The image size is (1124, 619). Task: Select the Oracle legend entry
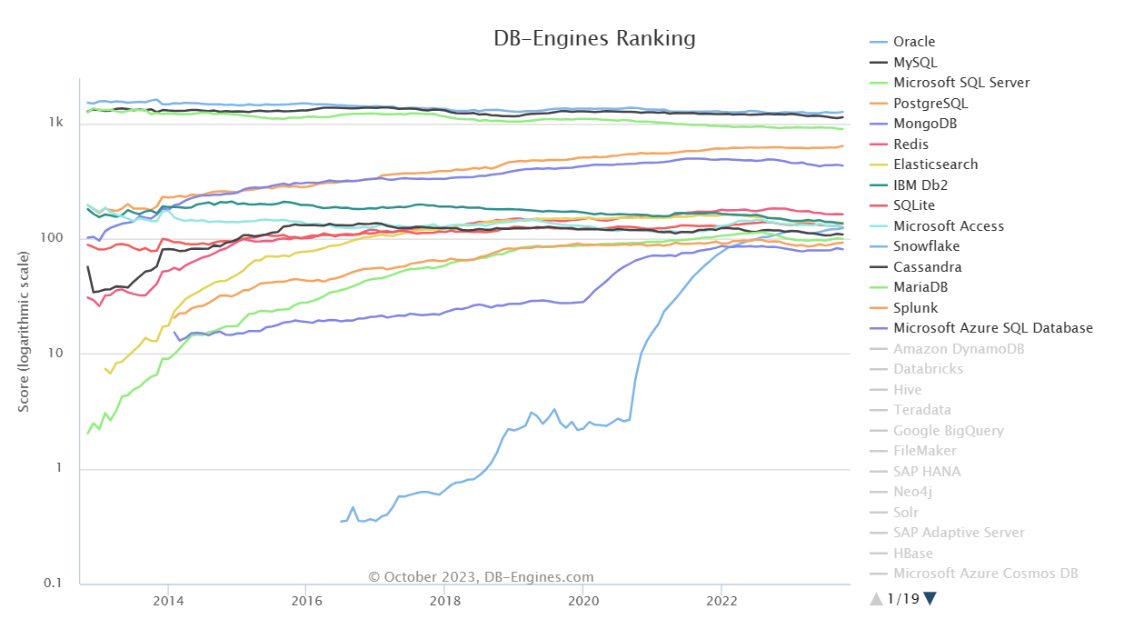point(913,42)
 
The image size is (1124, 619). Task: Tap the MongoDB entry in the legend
point(924,124)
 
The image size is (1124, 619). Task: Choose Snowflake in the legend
point(926,246)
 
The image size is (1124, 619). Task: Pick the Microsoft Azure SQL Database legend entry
point(992,328)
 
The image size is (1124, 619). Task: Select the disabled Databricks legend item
point(928,369)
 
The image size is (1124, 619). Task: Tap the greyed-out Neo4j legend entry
point(912,492)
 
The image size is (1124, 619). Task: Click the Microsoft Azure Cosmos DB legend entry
point(985,574)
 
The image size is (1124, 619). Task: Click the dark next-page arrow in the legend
point(930,598)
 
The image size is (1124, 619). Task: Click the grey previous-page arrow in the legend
point(876,598)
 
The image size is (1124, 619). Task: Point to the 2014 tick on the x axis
point(167,601)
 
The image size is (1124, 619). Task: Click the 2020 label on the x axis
point(582,601)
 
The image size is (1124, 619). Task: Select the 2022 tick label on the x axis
point(721,601)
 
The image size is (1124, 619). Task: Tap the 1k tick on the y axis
point(55,123)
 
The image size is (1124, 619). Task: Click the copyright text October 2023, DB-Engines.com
point(481,577)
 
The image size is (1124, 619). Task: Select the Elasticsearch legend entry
point(935,165)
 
